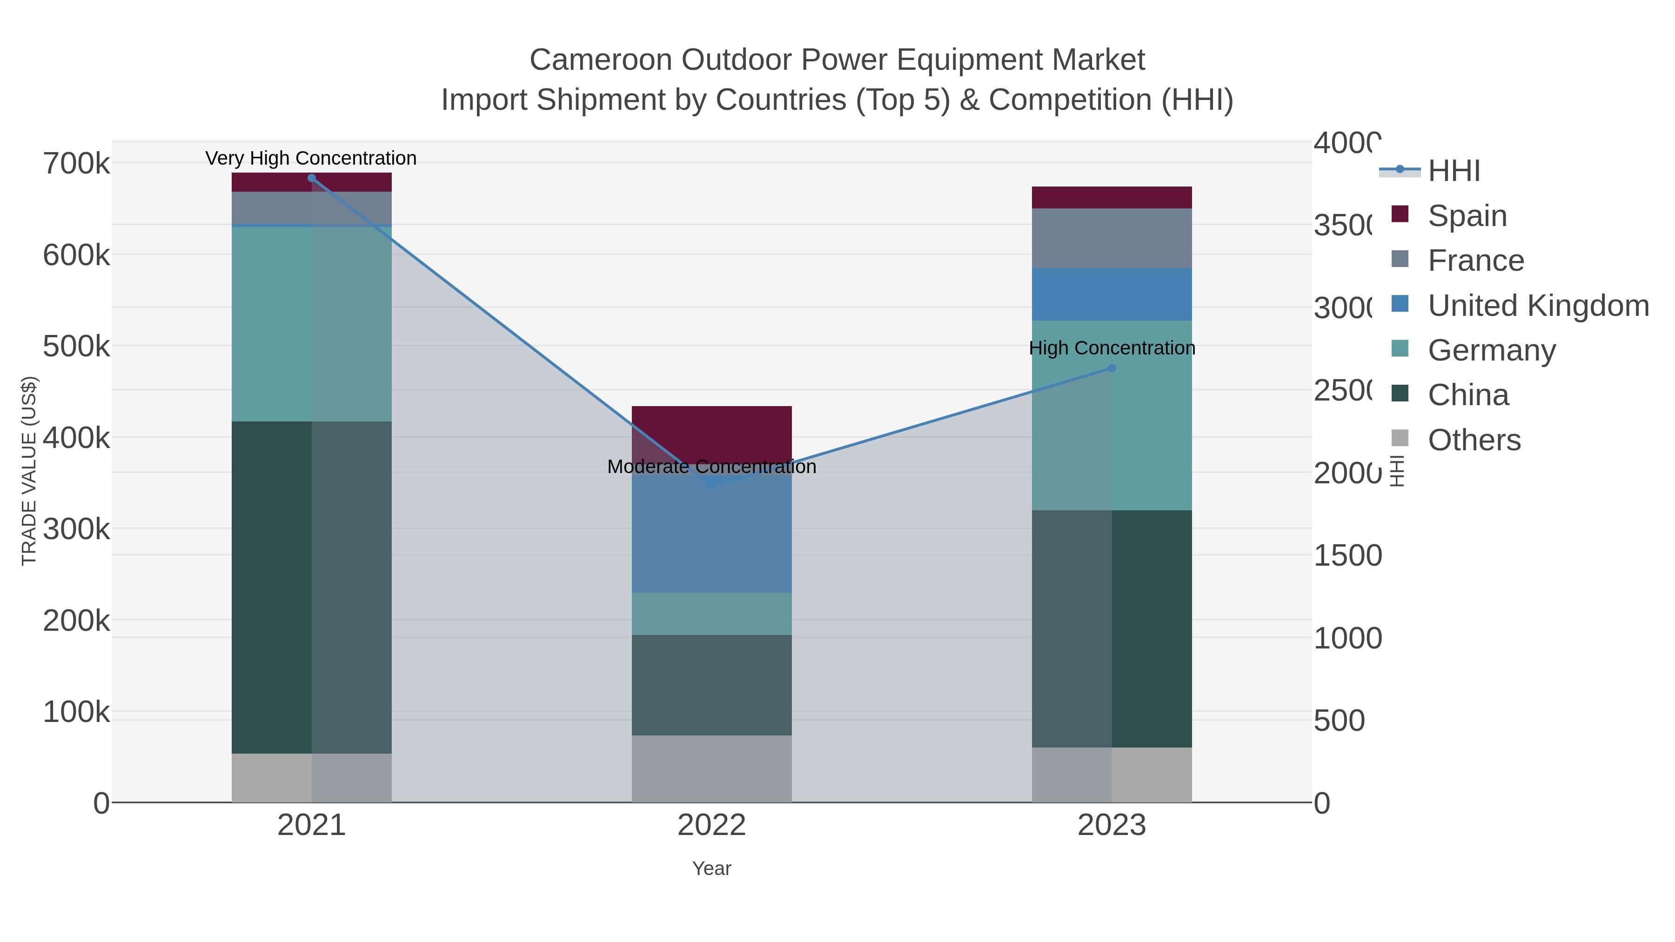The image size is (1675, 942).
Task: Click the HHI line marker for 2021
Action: (x=311, y=178)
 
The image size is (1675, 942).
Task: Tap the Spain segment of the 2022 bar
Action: (x=711, y=432)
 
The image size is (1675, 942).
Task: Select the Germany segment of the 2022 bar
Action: (x=711, y=614)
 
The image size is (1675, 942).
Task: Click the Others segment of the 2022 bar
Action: (x=711, y=768)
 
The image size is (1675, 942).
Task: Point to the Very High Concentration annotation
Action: (x=311, y=159)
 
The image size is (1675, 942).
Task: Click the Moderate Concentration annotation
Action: (x=711, y=467)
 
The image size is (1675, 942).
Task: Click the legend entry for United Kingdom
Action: (x=1538, y=306)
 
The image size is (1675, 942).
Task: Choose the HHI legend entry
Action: (x=1454, y=171)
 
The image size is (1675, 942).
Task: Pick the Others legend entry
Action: (x=1474, y=440)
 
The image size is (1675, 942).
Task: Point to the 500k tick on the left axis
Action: (x=76, y=347)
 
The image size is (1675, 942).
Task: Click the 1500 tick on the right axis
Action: (x=1347, y=556)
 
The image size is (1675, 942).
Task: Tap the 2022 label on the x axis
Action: (x=711, y=826)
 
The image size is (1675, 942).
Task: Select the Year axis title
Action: (x=711, y=869)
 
